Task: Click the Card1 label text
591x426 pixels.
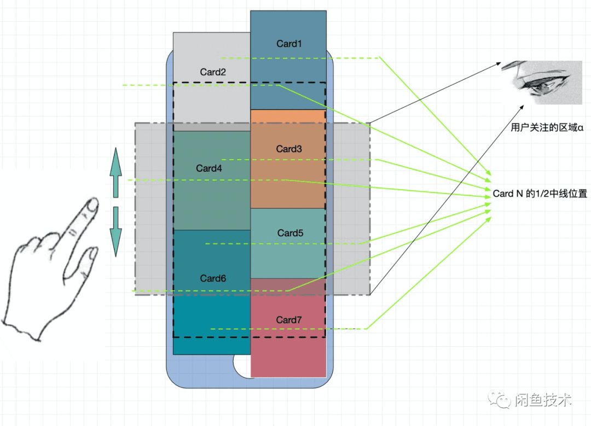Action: click(289, 44)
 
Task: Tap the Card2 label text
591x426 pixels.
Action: click(212, 72)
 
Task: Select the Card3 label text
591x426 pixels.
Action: click(289, 149)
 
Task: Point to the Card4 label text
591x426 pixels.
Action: click(209, 168)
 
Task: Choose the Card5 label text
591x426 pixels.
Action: click(290, 233)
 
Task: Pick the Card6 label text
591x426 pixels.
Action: click(213, 278)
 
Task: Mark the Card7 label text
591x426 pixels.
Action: click(289, 320)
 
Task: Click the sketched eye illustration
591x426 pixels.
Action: click(542, 83)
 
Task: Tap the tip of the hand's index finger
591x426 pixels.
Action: click(93, 204)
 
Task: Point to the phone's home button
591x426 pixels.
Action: click(242, 365)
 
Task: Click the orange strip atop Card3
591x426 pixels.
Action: click(288, 116)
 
